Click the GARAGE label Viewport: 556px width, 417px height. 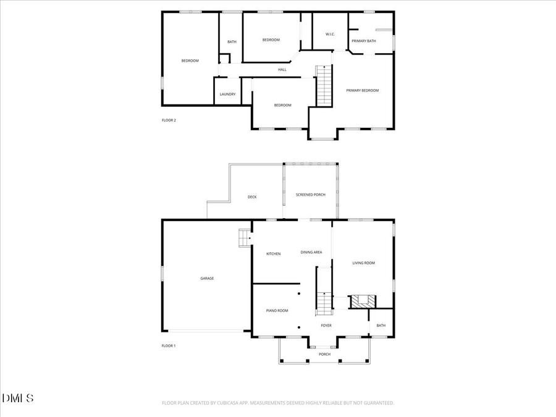pyautogui.click(x=207, y=279)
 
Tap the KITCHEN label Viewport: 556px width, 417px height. pyautogui.click(x=273, y=254)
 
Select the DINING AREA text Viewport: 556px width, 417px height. pyautogui.click(x=311, y=252)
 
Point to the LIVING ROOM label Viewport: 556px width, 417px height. pyautogui.click(x=363, y=263)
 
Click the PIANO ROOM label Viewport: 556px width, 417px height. pyautogui.click(x=277, y=311)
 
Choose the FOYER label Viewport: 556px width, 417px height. pyautogui.click(x=326, y=326)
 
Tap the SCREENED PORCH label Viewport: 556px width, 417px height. pyautogui.click(x=310, y=195)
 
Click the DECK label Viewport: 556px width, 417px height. pyautogui.click(x=252, y=197)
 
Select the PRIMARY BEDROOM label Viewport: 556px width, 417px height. pyautogui.click(x=362, y=91)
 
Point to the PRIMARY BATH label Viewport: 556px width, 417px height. pyautogui.click(x=364, y=41)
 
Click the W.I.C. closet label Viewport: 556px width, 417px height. pyautogui.click(x=330, y=34)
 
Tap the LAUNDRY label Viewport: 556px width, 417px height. pyautogui.click(x=227, y=95)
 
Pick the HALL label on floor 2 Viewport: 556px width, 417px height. pyautogui.click(x=282, y=70)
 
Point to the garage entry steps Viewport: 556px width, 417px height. pyautogui.click(x=245, y=237)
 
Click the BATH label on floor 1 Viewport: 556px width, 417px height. pyautogui.click(x=381, y=326)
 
